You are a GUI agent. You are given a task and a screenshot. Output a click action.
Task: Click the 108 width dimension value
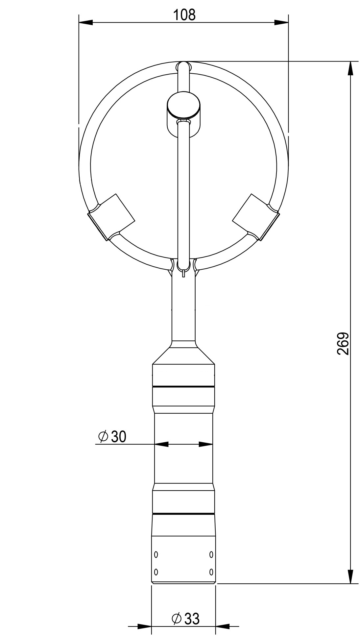pos(184,15)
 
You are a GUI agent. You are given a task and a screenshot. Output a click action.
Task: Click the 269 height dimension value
pos(343,344)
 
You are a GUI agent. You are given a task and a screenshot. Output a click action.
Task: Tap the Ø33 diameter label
pos(185,610)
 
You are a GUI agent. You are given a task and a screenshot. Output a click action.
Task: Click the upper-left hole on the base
pos(156,554)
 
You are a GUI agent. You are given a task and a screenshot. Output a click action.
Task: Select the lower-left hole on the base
pos(156,572)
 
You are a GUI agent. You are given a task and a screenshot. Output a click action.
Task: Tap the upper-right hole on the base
pos(211,554)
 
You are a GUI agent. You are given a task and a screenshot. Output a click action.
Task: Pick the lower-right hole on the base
pos(211,572)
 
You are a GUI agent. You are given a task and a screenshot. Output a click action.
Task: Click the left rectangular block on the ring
pos(112,217)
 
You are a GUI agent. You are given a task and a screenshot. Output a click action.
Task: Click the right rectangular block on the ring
pos(255,217)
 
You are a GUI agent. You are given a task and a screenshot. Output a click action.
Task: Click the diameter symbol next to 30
pos(103,437)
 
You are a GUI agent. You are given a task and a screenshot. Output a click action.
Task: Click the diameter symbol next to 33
pos(177,610)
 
